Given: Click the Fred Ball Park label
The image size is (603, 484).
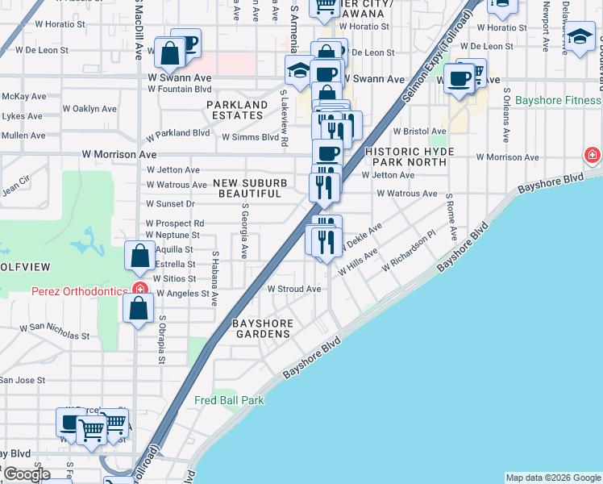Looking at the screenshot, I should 229,400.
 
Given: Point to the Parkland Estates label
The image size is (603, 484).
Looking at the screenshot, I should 237,111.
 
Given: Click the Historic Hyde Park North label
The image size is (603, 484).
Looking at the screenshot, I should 405,156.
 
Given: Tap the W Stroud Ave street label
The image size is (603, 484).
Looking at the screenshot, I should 294,289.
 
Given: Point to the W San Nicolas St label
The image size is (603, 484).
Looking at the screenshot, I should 53,331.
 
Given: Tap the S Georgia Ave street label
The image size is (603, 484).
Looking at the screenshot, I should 243,230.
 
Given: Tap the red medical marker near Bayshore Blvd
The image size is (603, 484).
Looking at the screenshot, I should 593,153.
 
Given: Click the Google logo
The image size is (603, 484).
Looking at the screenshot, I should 26,474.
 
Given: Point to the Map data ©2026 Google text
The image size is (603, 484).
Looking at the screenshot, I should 552,478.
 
